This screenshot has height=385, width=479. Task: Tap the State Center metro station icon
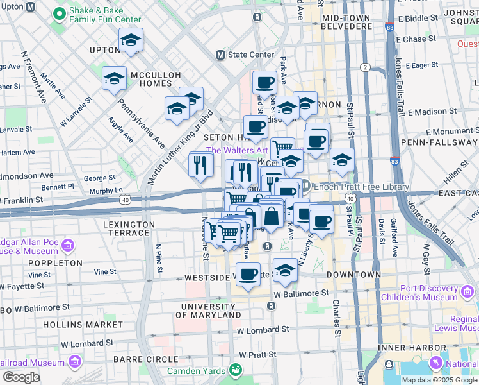[x=221, y=55]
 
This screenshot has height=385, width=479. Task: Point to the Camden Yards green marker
[x=236, y=370]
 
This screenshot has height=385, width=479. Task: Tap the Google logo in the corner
[x=20, y=377]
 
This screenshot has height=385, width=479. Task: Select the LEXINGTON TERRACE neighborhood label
[x=129, y=229]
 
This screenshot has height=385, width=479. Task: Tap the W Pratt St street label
[x=260, y=354]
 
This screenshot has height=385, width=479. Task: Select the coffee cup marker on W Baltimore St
[x=248, y=275]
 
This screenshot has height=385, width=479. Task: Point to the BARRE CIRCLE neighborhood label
[x=145, y=359]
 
